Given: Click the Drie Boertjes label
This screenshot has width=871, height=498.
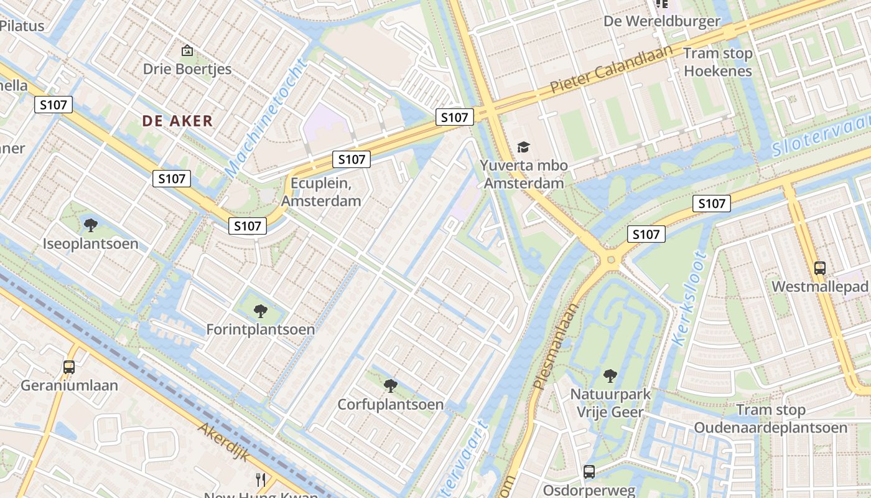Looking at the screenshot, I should [x=187, y=69].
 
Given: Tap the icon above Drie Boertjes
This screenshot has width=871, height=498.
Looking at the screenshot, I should [x=187, y=50].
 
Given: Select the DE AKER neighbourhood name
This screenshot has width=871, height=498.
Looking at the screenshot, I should [x=177, y=121].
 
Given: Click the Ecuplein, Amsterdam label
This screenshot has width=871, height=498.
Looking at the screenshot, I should [x=321, y=192].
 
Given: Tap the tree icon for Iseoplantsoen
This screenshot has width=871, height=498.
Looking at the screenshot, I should [x=91, y=225].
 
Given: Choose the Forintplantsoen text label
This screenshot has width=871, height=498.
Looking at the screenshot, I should [x=261, y=329].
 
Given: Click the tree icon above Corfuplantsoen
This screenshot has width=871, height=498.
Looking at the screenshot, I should [x=390, y=386].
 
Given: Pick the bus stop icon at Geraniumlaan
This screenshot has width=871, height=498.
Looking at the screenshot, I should [x=69, y=367].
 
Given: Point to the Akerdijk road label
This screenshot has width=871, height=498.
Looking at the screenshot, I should [x=225, y=442].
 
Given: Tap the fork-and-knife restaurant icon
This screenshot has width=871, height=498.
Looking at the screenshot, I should [x=261, y=479].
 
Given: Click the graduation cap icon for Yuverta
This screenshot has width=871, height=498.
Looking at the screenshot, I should [x=524, y=148].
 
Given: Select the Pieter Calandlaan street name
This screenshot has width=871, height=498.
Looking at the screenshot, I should [x=611, y=69].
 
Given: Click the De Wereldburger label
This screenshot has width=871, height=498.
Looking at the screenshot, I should [x=662, y=21].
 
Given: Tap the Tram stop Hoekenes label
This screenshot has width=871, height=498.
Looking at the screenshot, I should [x=718, y=62].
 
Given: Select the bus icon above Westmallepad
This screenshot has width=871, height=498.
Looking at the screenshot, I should [x=820, y=268].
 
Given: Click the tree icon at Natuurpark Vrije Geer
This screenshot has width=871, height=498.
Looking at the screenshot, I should [x=610, y=376].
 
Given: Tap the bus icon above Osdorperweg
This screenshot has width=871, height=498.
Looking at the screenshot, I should [x=589, y=472].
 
